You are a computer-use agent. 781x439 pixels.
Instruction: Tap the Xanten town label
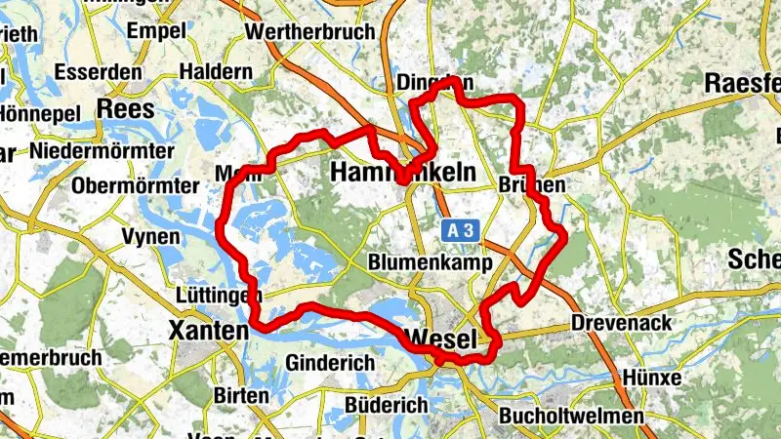208,331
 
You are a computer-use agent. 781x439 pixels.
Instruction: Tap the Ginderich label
330,363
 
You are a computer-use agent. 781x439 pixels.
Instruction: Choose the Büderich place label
387,405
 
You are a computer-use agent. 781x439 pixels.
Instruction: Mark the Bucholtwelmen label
571,417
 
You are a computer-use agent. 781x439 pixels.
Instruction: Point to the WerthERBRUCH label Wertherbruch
311,31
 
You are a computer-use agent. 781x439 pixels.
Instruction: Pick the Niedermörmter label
101,151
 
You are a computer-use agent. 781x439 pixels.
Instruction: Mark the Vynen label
150,237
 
